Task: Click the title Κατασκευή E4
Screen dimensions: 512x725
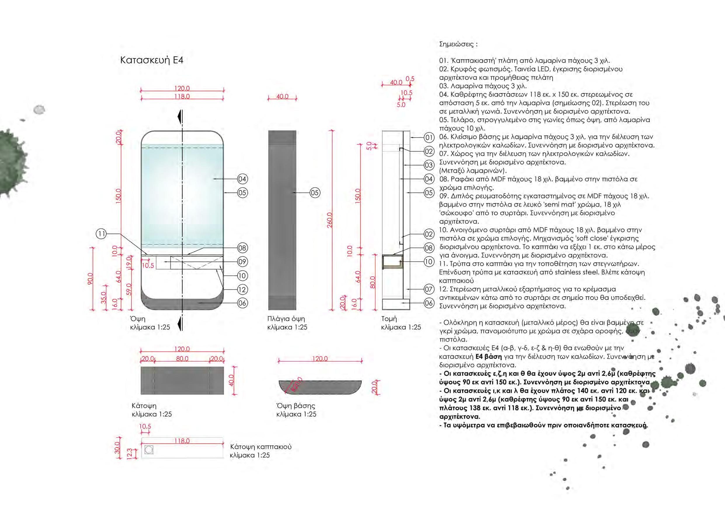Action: [x=152, y=60]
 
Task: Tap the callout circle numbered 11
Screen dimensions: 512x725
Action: [x=101, y=234]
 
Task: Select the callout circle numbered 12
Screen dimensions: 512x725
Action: [x=242, y=290]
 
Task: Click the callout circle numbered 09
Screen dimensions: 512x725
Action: [x=242, y=262]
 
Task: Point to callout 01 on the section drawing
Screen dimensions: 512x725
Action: [x=429, y=137]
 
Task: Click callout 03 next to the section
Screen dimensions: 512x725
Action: [x=429, y=165]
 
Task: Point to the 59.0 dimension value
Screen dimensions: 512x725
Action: [x=129, y=290]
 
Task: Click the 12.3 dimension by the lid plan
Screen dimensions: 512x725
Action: [x=129, y=454]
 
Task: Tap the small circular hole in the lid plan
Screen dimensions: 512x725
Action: [x=149, y=450]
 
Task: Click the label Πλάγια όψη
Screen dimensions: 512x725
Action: [x=286, y=319]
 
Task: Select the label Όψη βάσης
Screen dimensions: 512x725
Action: [x=295, y=406]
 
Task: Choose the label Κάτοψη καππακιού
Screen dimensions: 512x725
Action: [x=261, y=447]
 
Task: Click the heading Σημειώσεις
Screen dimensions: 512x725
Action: [x=458, y=44]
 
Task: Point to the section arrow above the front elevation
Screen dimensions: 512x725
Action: [x=180, y=116]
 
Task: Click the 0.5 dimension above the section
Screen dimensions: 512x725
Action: [x=410, y=79]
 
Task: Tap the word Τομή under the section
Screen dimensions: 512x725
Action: [x=389, y=319]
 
